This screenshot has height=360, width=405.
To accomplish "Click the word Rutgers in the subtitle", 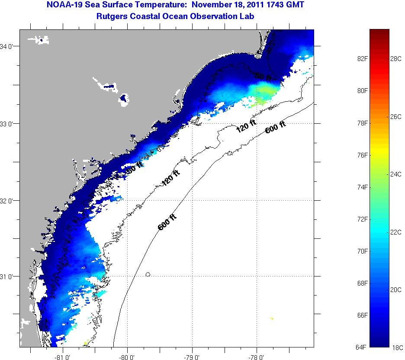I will [x=112, y=17].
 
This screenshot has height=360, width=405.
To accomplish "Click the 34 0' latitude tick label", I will [x=8, y=46].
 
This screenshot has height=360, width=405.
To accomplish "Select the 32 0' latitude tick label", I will [x=8, y=201].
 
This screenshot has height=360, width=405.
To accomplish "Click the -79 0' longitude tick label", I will [x=192, y=357].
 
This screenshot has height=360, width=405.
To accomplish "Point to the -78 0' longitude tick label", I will [x=257, y=357].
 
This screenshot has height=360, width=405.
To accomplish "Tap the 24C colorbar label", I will [x=396, y=174].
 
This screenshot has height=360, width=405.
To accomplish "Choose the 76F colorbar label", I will [x=362, y=155].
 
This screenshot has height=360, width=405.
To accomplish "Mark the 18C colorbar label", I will [x=398, y=347].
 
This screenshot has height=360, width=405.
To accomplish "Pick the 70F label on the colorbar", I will [x=362, y=251].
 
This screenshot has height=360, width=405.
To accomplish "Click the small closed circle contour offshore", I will [x=148, y=274].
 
